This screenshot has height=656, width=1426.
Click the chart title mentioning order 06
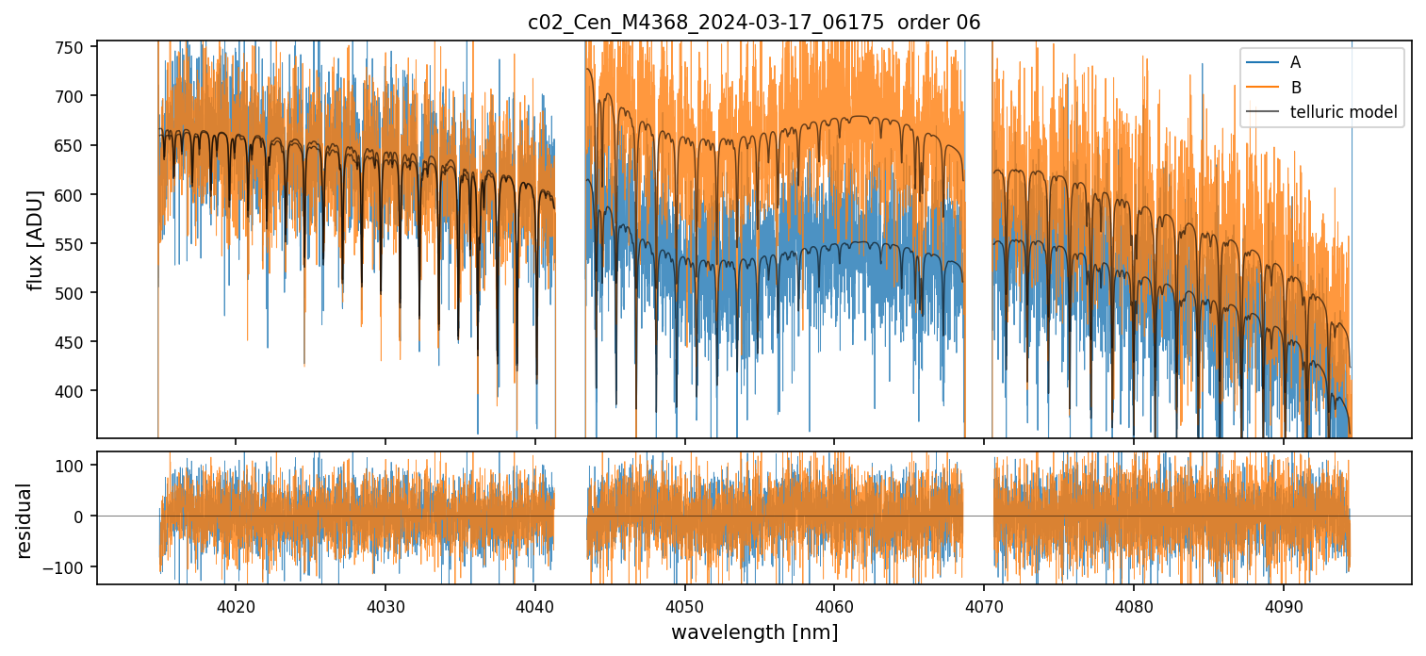pos(754,23)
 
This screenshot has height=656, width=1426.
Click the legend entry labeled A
pos(1295,62)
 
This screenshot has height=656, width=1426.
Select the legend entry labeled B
pos(1296,88)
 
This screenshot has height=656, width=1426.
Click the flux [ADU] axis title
pos(36,239)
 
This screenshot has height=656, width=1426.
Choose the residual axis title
pos(25,520)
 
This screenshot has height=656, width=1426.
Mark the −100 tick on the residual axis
pos(72,567)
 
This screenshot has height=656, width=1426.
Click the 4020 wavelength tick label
pos(235,605)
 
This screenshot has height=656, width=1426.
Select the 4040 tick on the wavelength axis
pos(534,605)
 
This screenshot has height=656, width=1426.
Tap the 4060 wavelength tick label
pos(834,605)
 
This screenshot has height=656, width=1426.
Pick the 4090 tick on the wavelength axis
pos(1284,605)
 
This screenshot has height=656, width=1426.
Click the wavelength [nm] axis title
pos(754,632)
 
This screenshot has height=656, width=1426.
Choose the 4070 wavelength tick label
pos(984,605)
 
